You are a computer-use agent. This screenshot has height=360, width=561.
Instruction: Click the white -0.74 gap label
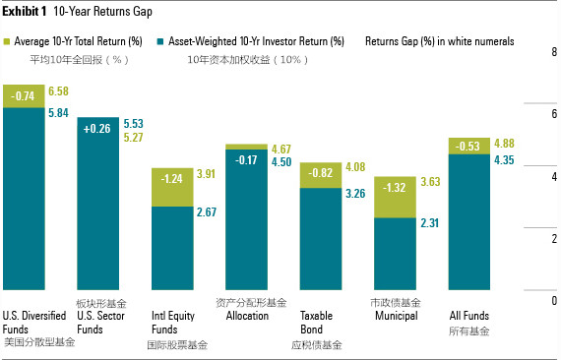23,96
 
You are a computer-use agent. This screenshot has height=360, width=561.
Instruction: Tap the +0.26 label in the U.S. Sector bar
97,128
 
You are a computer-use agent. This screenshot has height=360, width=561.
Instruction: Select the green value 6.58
58,91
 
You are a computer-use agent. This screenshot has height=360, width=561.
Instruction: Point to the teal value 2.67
207,212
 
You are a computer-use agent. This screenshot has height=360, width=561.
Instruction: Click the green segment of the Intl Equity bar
172,187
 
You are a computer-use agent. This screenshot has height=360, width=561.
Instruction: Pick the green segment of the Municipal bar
395,197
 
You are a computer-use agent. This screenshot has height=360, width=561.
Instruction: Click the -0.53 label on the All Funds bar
467,147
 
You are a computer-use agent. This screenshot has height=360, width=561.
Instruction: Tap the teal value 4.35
504,159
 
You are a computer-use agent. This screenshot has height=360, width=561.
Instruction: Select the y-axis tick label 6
554,114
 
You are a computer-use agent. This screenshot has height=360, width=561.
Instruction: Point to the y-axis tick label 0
554,301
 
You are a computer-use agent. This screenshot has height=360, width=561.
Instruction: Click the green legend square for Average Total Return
7,42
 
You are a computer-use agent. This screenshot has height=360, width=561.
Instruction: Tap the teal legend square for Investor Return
160,42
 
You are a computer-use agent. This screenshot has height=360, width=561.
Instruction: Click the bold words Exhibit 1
25,12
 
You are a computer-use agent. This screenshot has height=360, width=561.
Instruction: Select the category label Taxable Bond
316,322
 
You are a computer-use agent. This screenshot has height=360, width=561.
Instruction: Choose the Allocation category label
247,316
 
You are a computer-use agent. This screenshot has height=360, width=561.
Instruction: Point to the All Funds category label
469,316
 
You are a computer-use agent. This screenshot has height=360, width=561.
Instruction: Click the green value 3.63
430,182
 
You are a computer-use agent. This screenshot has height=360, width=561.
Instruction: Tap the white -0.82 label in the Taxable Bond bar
321,173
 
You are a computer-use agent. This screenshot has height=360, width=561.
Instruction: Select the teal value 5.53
134,124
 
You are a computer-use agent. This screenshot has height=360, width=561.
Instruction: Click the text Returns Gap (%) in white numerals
440,41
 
